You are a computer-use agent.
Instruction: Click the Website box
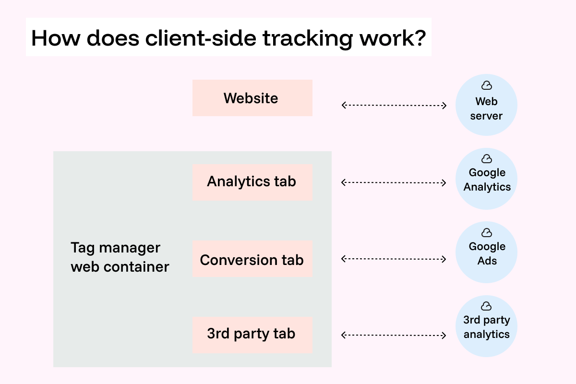tap(252, 98)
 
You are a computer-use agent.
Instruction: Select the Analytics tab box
tap(252, 182)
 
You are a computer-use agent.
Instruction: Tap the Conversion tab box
tap(252, 260)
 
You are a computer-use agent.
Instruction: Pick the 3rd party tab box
tap(252, 335)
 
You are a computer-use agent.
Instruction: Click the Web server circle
tap(486, 106)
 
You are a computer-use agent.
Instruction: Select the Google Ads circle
tap(486, 253)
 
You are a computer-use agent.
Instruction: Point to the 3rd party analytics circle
tap(486, 326)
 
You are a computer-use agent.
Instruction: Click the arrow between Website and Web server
tap(394, 105)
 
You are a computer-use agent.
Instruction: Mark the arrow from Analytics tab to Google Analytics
tap(394, 182)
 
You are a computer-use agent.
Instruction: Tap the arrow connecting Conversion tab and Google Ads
tap(394, 259)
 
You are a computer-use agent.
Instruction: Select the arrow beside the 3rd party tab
tap(394, 335)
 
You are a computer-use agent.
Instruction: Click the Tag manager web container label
tap(120, 257)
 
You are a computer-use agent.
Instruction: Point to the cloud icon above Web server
tap(486, 86)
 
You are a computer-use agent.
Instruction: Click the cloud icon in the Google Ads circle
tap(486, 233)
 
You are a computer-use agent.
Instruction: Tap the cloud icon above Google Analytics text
tap(486, 159)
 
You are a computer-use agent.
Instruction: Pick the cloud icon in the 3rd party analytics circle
tap(486, 306)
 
